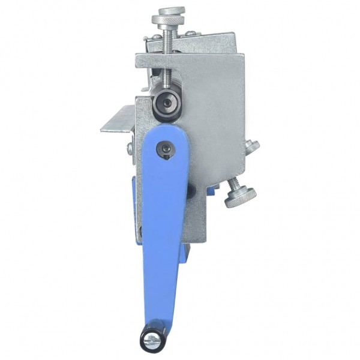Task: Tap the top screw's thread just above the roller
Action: (166, 82)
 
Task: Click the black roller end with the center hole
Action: (165, 106)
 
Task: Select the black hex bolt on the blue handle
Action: (166, 149)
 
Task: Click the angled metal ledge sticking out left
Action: (118, 120)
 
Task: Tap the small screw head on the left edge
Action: (130, 148)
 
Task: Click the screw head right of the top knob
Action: (190, 34)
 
